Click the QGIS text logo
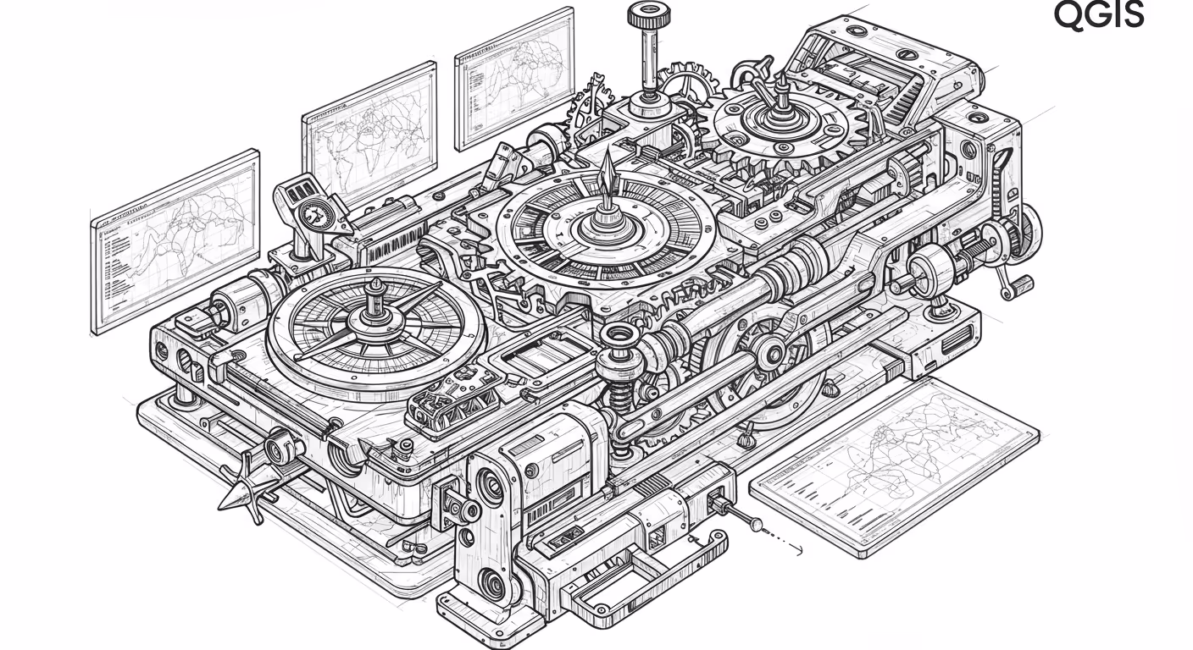pyautogui.click(x=1099, y=15)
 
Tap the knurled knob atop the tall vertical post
pyautogui.click(x=648, y=15)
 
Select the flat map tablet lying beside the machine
pyautogui.click(x=895, y=468)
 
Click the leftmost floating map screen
pyautogui.click(x=175, y=242)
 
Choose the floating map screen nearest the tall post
pyautogui.click(x=514, y=79)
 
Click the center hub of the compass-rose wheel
pyautogui.click(x=375, y=318)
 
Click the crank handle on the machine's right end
pyautogui.click(x=1014, y=285)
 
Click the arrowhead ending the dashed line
pyautogui.click(x=799, y=550)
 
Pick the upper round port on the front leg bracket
pyautogui.click(x=491, y=487)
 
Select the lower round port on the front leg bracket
pyautogui.click(x=492, y=585)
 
